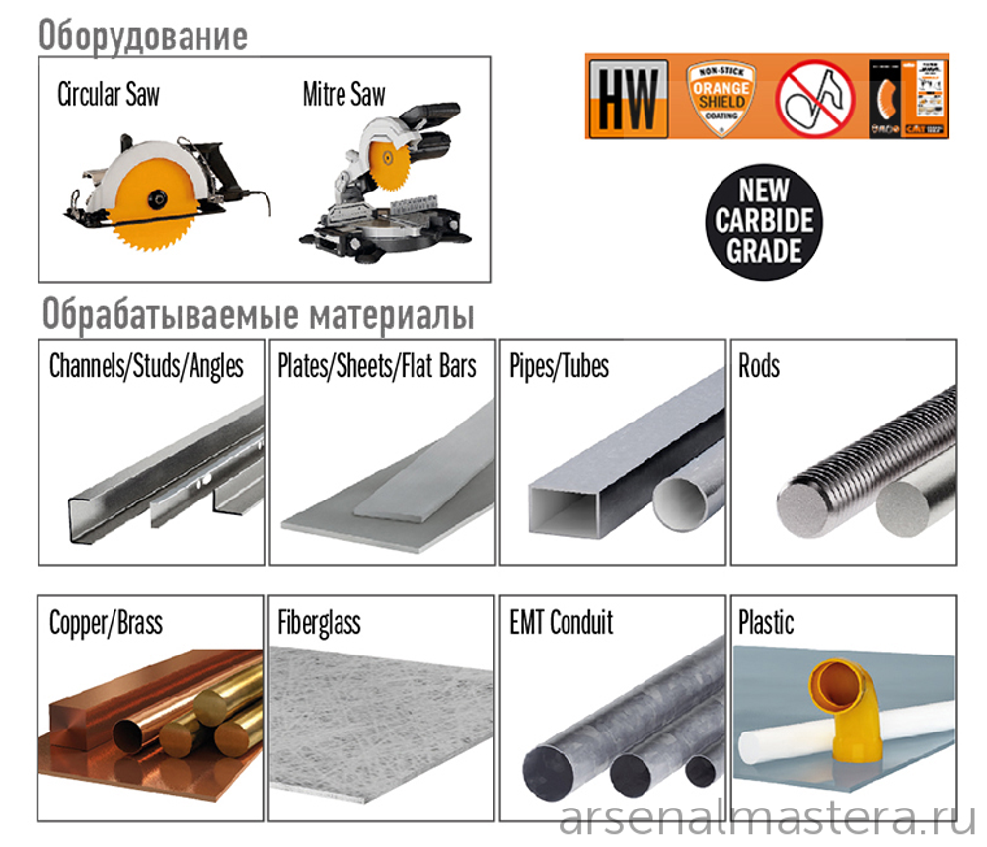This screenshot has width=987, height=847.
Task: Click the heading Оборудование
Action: click(x=143, y=37)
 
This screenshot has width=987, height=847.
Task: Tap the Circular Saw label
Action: click(x=109, y=95)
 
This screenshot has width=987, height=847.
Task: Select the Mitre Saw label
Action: click(x=343, y=95)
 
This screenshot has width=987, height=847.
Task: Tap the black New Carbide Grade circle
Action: click(x=765, y=220)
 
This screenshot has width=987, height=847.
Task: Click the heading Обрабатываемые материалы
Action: click(x=258, y=316)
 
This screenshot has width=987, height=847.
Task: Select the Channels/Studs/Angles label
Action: click(x=146, y=367)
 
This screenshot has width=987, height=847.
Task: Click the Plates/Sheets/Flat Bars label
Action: click(x=377, y=367)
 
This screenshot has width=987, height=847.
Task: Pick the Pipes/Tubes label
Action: click(x=559, y=367)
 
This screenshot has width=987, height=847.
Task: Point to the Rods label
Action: click(x=759, y=367)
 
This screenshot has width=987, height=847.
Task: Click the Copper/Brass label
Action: click(x=106, y=623)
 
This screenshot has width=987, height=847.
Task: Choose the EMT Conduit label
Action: click(x=561, y=623)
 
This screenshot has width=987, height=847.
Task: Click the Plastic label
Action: click(x=766, y=623)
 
